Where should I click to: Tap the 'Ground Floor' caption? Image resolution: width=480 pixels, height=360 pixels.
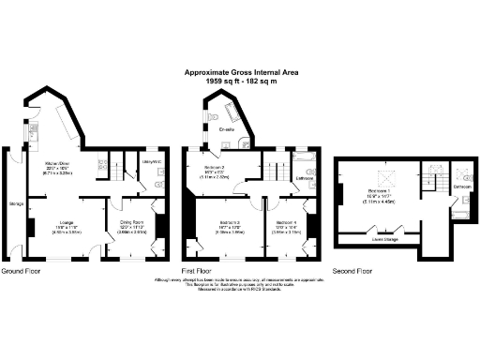(x=22, y=272)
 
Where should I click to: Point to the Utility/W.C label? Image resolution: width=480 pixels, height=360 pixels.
(x=153, y=163)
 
